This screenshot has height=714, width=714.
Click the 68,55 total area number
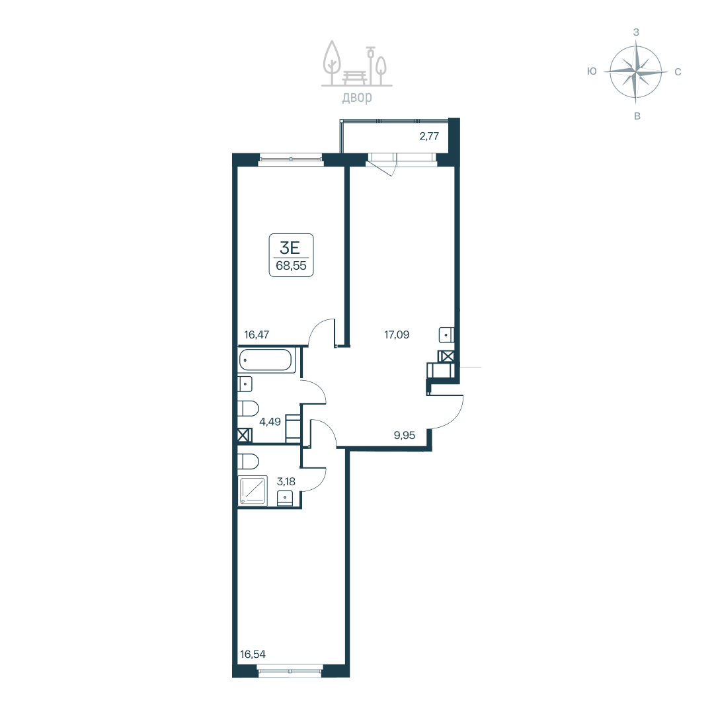(x=291, y=266)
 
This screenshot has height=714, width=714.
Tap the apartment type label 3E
(x=290, y=248)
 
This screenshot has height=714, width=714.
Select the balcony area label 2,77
(x=429, y=136)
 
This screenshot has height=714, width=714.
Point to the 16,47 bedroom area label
(x=257, y=335)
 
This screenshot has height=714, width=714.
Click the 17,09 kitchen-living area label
(x=397, y=335)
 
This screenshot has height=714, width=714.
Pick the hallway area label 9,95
(x=405, y=435)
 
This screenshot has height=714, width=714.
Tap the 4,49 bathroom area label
(x=270, y=422)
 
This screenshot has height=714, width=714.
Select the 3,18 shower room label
(x=286, y=481)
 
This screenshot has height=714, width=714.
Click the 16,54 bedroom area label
(x=253, y=654)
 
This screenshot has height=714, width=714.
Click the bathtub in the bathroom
(x=265, y=360)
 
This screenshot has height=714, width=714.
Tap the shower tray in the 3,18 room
(x=253, y=490)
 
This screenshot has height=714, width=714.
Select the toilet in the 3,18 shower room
(x=249, y=461)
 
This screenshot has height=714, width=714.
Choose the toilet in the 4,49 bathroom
(x=249, y=409)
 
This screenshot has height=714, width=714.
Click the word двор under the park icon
(x=357, y=97)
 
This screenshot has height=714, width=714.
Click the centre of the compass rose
(x=636, y=72)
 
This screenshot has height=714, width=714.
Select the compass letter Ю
(x=592, y=71)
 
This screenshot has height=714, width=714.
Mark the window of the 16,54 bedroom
(x=290, y=669)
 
